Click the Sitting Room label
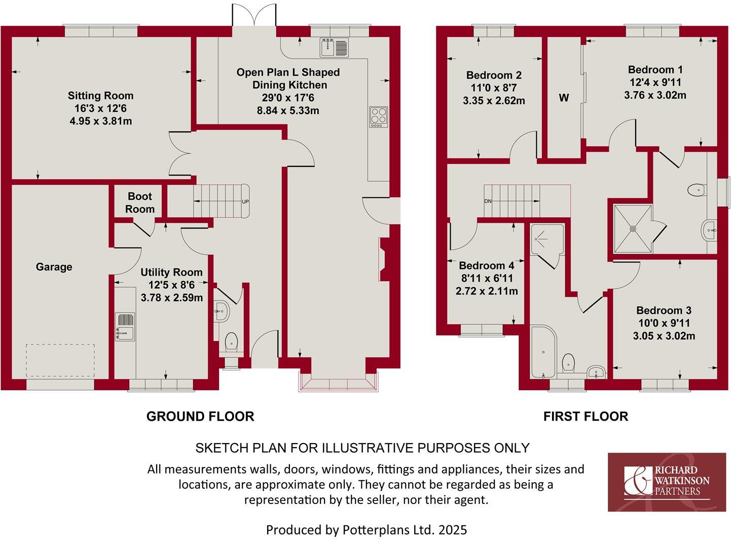[100, 95]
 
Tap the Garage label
[54, 267]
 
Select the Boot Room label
[140, 203]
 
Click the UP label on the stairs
[245, 201]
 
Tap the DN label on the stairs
[488, 201]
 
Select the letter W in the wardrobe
[564, 98]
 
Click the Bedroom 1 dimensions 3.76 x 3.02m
[655, 95]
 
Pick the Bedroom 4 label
[486, 265]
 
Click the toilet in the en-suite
[697, 190]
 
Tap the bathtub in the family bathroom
[543, 351]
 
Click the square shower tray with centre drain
[632, 228]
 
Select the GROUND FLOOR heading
[200, 417]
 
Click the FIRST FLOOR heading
[586, 417]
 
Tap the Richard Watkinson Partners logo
[667, 482]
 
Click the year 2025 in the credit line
[453, 530]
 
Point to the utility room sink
[125, 326]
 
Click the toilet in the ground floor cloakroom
[231, 341]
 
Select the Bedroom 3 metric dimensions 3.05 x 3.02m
[664, 335]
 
